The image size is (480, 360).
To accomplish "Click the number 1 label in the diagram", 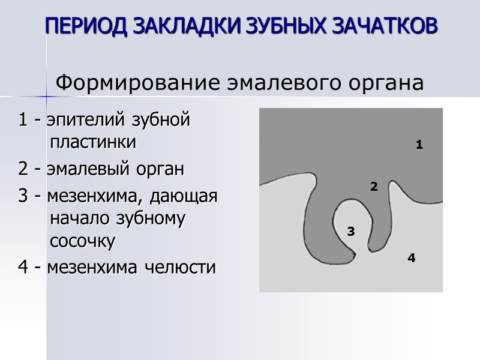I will click(419, 145).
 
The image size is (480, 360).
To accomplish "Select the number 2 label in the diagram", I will click(373, 187).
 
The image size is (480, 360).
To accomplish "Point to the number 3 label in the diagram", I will click(351, 231).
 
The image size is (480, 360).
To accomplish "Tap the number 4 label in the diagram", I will click(411, 258).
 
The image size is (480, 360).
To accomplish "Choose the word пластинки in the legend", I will click(93, 143).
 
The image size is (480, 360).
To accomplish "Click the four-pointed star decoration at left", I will click(47, 96).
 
